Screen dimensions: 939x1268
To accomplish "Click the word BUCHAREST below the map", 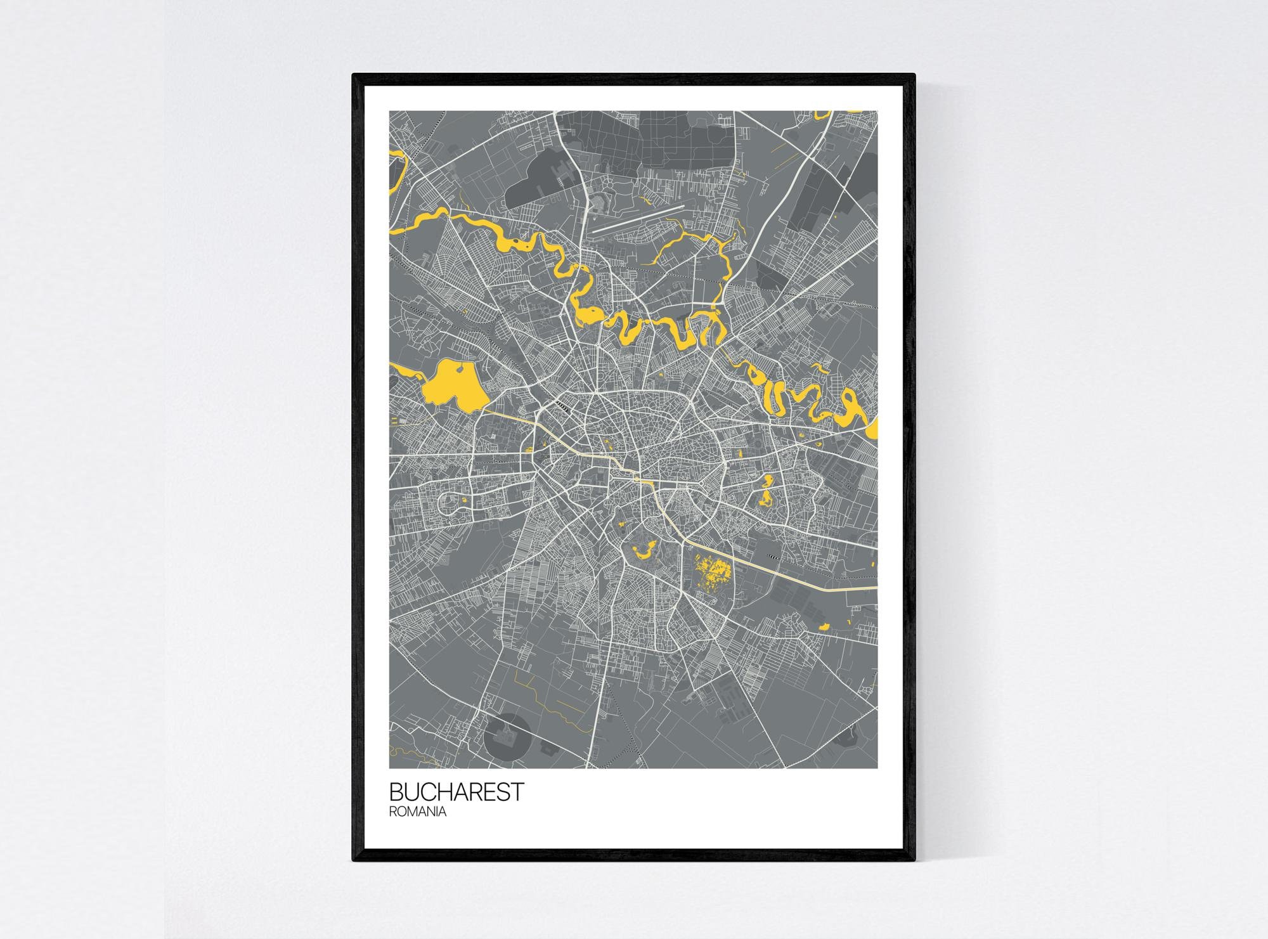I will [x=456, y=792].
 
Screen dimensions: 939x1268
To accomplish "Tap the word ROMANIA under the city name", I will [x=418, y=812].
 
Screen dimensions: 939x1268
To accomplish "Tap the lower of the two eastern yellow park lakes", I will [x=766, y=498].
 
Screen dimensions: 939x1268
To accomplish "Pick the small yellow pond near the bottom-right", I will [x=825, y=626].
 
